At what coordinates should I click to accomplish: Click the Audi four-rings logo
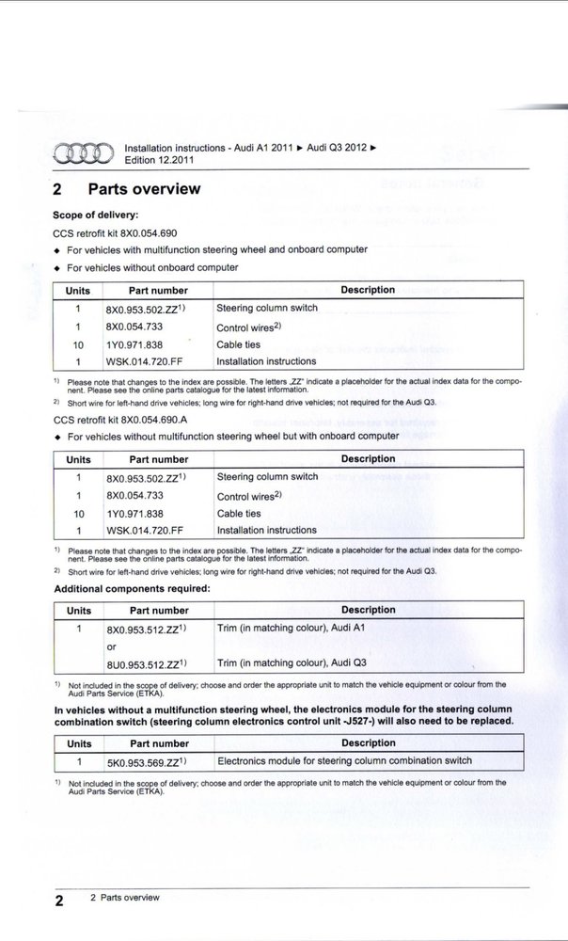tap(83, 153)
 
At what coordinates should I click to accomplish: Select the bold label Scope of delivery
tap(96, 215)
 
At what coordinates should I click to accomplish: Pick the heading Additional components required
tap(132, 588)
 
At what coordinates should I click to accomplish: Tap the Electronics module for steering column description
tap(344, 760)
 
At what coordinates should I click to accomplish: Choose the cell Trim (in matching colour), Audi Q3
tap(292, 662)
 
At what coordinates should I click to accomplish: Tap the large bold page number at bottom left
tap(58, 901)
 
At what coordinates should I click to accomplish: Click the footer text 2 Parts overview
tap(124, 898)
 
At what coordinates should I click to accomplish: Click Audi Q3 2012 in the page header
tap(337, 149)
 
